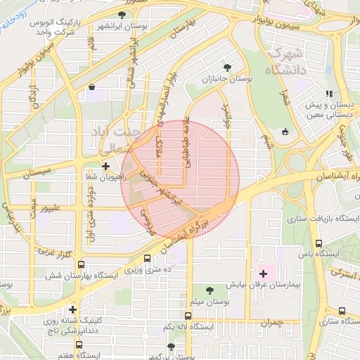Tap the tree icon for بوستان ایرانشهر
(122, 15)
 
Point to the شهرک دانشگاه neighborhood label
(286, 62)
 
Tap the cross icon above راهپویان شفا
(105, 167)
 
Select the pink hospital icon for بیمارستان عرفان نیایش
(264, 274)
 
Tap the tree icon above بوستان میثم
(210, 290)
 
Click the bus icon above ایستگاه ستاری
(342, 311)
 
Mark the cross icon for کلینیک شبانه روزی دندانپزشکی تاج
(72, 309)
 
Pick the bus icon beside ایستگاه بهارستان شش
(82, 265)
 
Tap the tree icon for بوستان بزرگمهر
(172, 347)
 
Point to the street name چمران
(270, 323)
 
